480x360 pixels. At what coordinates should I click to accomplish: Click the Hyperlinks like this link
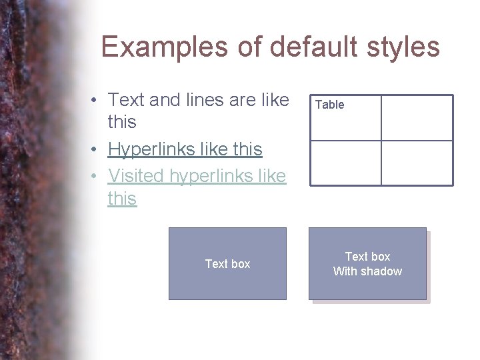185,149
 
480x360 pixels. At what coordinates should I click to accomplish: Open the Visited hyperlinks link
197,176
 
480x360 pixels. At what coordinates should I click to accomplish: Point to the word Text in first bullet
127,100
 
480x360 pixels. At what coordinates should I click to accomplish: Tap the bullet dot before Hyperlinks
96,150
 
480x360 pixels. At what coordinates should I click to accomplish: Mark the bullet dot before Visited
96,177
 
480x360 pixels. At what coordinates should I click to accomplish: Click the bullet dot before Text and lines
96,101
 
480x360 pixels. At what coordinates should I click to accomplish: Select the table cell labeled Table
345,118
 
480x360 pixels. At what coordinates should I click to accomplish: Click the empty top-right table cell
417,118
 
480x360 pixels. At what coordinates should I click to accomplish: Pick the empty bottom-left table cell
345,163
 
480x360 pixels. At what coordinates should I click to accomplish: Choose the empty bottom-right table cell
417,163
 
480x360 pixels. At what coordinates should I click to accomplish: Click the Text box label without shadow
227,264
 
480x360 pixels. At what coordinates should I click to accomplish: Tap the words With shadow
367,271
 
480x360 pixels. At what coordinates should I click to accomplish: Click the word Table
329,105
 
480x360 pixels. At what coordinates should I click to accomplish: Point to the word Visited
137,176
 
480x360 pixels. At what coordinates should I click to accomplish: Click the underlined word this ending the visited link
122,199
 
